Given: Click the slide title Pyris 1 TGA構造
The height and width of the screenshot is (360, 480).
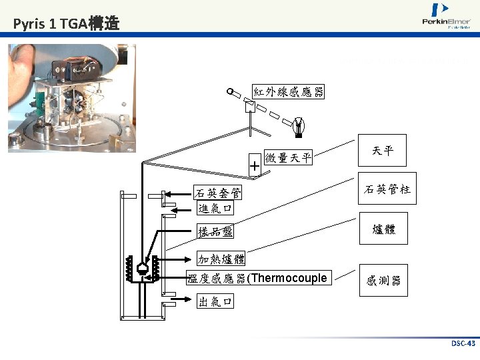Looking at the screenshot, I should [66, 25].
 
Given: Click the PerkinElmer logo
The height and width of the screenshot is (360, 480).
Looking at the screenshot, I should [445, 17].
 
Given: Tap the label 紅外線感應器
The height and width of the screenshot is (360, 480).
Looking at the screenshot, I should [288, 92].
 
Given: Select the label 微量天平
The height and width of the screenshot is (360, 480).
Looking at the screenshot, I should [288, 158].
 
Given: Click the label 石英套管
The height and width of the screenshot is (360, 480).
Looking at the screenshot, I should [218, 193].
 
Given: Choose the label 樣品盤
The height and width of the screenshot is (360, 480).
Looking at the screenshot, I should [215, 232].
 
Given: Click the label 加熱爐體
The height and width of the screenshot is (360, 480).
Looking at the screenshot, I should [221, 259].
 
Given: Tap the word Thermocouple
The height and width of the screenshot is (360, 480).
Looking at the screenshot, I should [289, 278].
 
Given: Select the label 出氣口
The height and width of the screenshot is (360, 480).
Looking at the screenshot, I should [215, 301].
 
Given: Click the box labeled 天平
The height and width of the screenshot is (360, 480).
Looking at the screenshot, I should [383, 151].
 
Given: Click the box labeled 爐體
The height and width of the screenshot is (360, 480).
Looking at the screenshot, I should [383, 229].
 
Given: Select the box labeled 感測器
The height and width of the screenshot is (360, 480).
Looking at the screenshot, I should [383, 281].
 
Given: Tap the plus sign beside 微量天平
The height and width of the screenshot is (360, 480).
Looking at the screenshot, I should [255, 164].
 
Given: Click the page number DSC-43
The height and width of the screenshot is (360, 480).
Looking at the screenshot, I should [463, 343].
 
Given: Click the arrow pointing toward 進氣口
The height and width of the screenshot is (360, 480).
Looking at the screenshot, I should [180, 209].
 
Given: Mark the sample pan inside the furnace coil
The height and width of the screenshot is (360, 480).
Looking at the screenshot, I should [142, 267].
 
